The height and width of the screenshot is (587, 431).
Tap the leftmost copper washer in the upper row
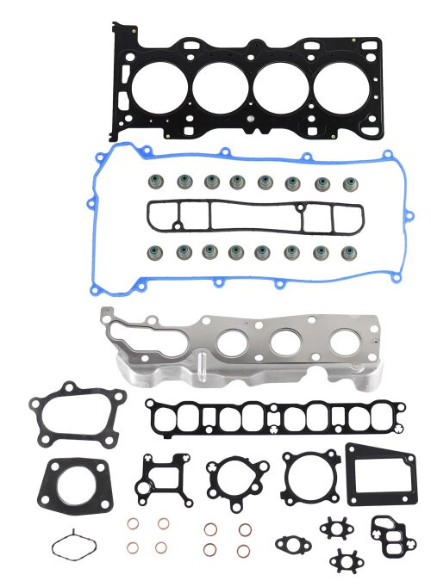coord(133,524)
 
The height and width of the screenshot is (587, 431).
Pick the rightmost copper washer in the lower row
coord(244,549)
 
